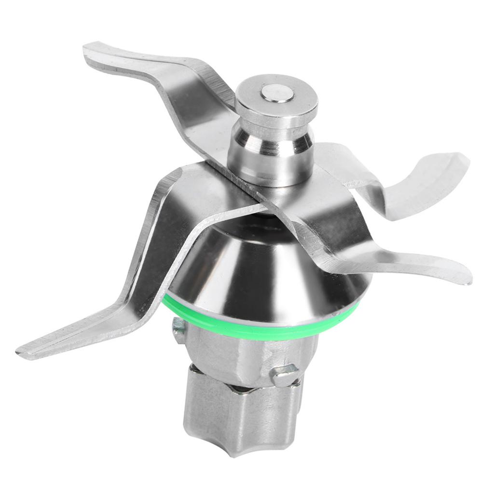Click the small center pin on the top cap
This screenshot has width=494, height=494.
tap(277, 92)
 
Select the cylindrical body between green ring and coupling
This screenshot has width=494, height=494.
tap(241, 352)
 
